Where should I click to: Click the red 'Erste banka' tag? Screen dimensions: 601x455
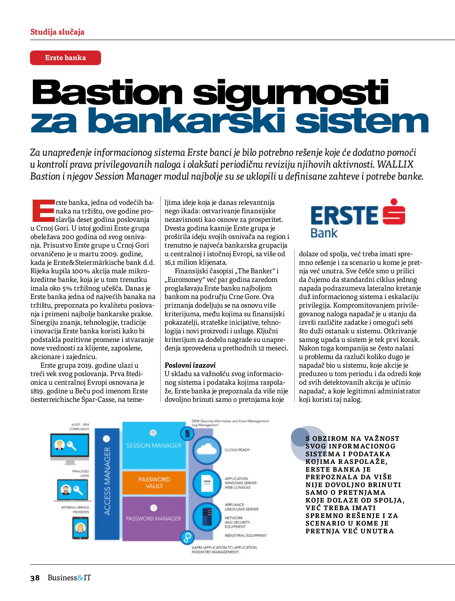(x=66, y=58)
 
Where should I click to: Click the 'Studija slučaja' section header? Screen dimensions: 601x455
(x=57, y=32)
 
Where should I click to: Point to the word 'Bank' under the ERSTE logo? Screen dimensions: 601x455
(x=324, y=233)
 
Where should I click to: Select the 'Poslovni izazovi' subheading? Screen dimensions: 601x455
(x=190, y=365)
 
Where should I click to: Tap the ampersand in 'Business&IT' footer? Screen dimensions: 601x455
(x=80, y=585)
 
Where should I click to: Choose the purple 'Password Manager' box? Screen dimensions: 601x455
(x=154, y=518)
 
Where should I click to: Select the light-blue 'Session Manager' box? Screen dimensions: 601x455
(x=154, y=446)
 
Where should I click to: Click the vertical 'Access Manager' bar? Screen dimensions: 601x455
(x=107, y=481)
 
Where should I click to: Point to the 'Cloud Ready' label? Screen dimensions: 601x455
(x=237, y=450)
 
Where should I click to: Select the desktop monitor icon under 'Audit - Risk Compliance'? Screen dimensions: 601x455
(x=69, y=446)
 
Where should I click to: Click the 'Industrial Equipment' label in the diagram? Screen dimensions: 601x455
(x=245, y=535)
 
